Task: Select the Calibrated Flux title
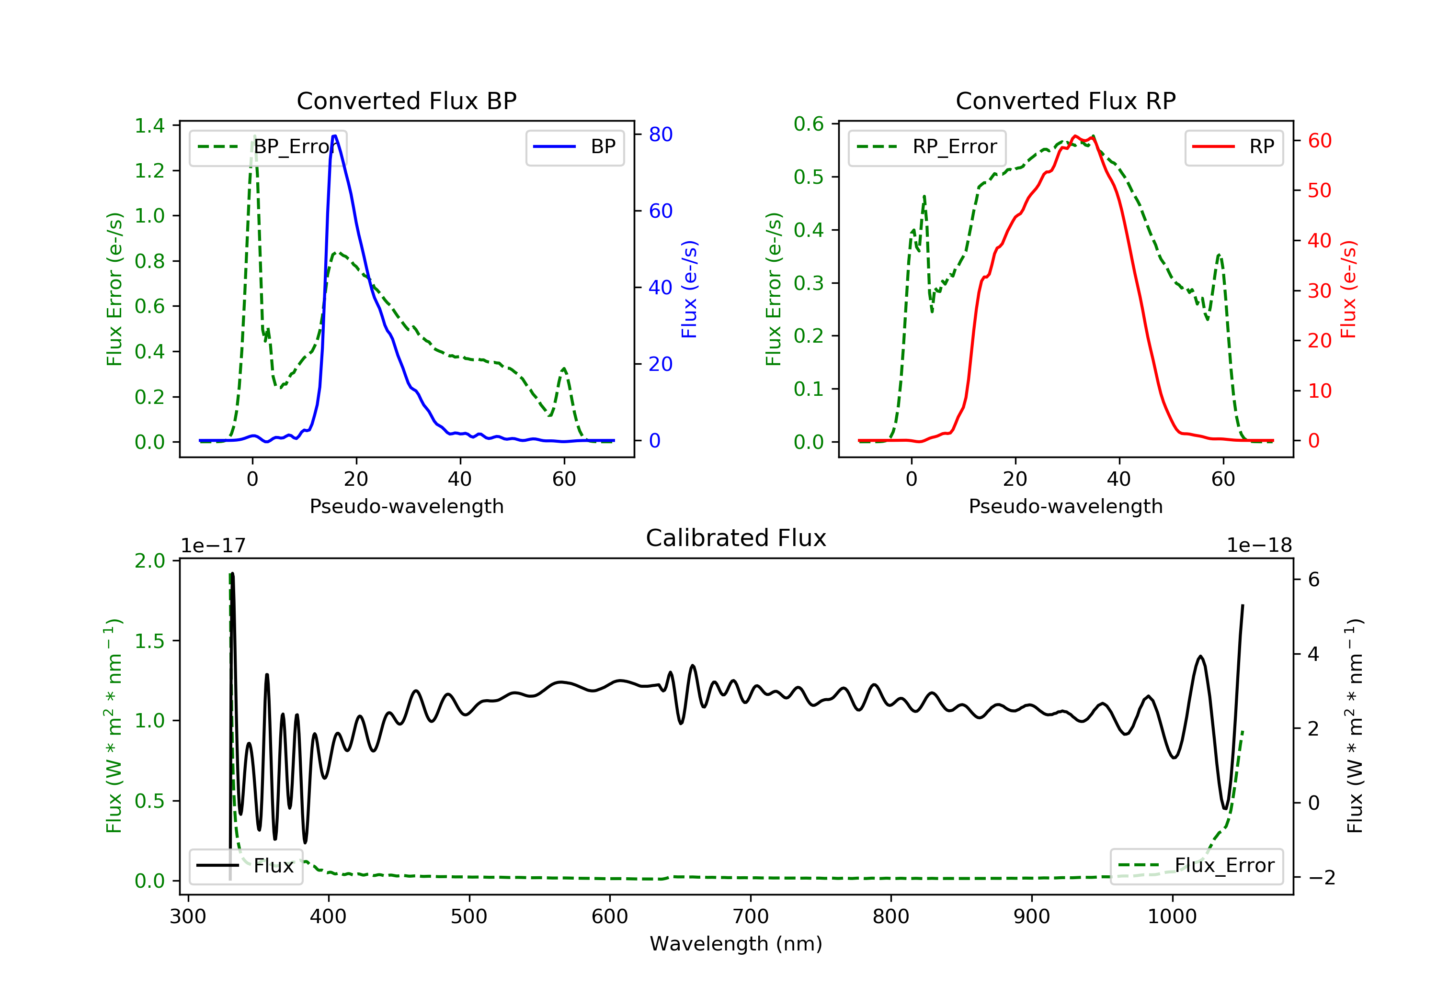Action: click(x=736, y=538)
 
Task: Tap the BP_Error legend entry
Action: click(x=268, y=147)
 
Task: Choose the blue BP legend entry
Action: click(x=574, y=147)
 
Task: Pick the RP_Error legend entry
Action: click(x=927, y=147)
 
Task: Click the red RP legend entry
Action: click(x=1233, y=147)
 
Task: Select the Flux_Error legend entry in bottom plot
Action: click(x=1196, y=866)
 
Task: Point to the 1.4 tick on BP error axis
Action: click(x=149, y=126)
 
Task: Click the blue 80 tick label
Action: click(x=660, y=134)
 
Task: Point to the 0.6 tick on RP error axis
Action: click(x=809, y=124)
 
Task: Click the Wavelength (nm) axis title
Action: click(x=736, y=944)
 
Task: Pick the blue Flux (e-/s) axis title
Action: click(x=689, y=289)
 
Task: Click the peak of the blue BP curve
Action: click(x=335, y=136)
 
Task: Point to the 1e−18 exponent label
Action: click(x=1259, y=546)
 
